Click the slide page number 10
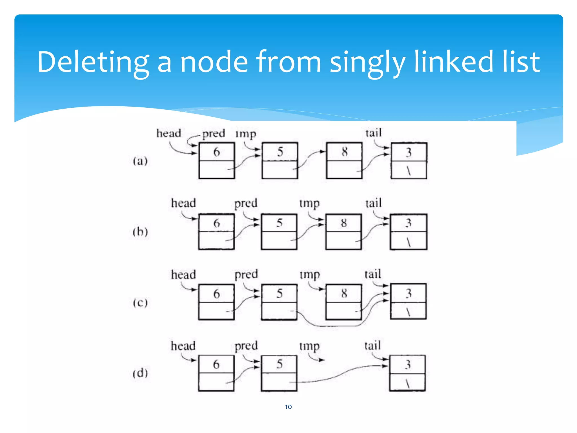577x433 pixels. [x=288, y=407]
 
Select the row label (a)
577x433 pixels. [x=140, y=161]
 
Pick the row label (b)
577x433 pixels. [x=140, y=232]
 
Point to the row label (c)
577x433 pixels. [x=140, y=303]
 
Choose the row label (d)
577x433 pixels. [x=140, y=373]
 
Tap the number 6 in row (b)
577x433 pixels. [x=216, y=223]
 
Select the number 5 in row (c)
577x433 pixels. [x=279, y=293]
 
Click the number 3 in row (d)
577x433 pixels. [x=408, y=364]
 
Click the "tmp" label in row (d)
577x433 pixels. [x=309, y=346]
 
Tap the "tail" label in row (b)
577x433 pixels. [x=373, y=203]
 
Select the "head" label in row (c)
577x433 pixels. [x=183, y=275]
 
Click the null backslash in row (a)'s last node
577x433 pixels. [x=409, y=171]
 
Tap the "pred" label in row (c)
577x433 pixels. [x=246, y=274]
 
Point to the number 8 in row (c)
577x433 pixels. [x=344, y=293]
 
